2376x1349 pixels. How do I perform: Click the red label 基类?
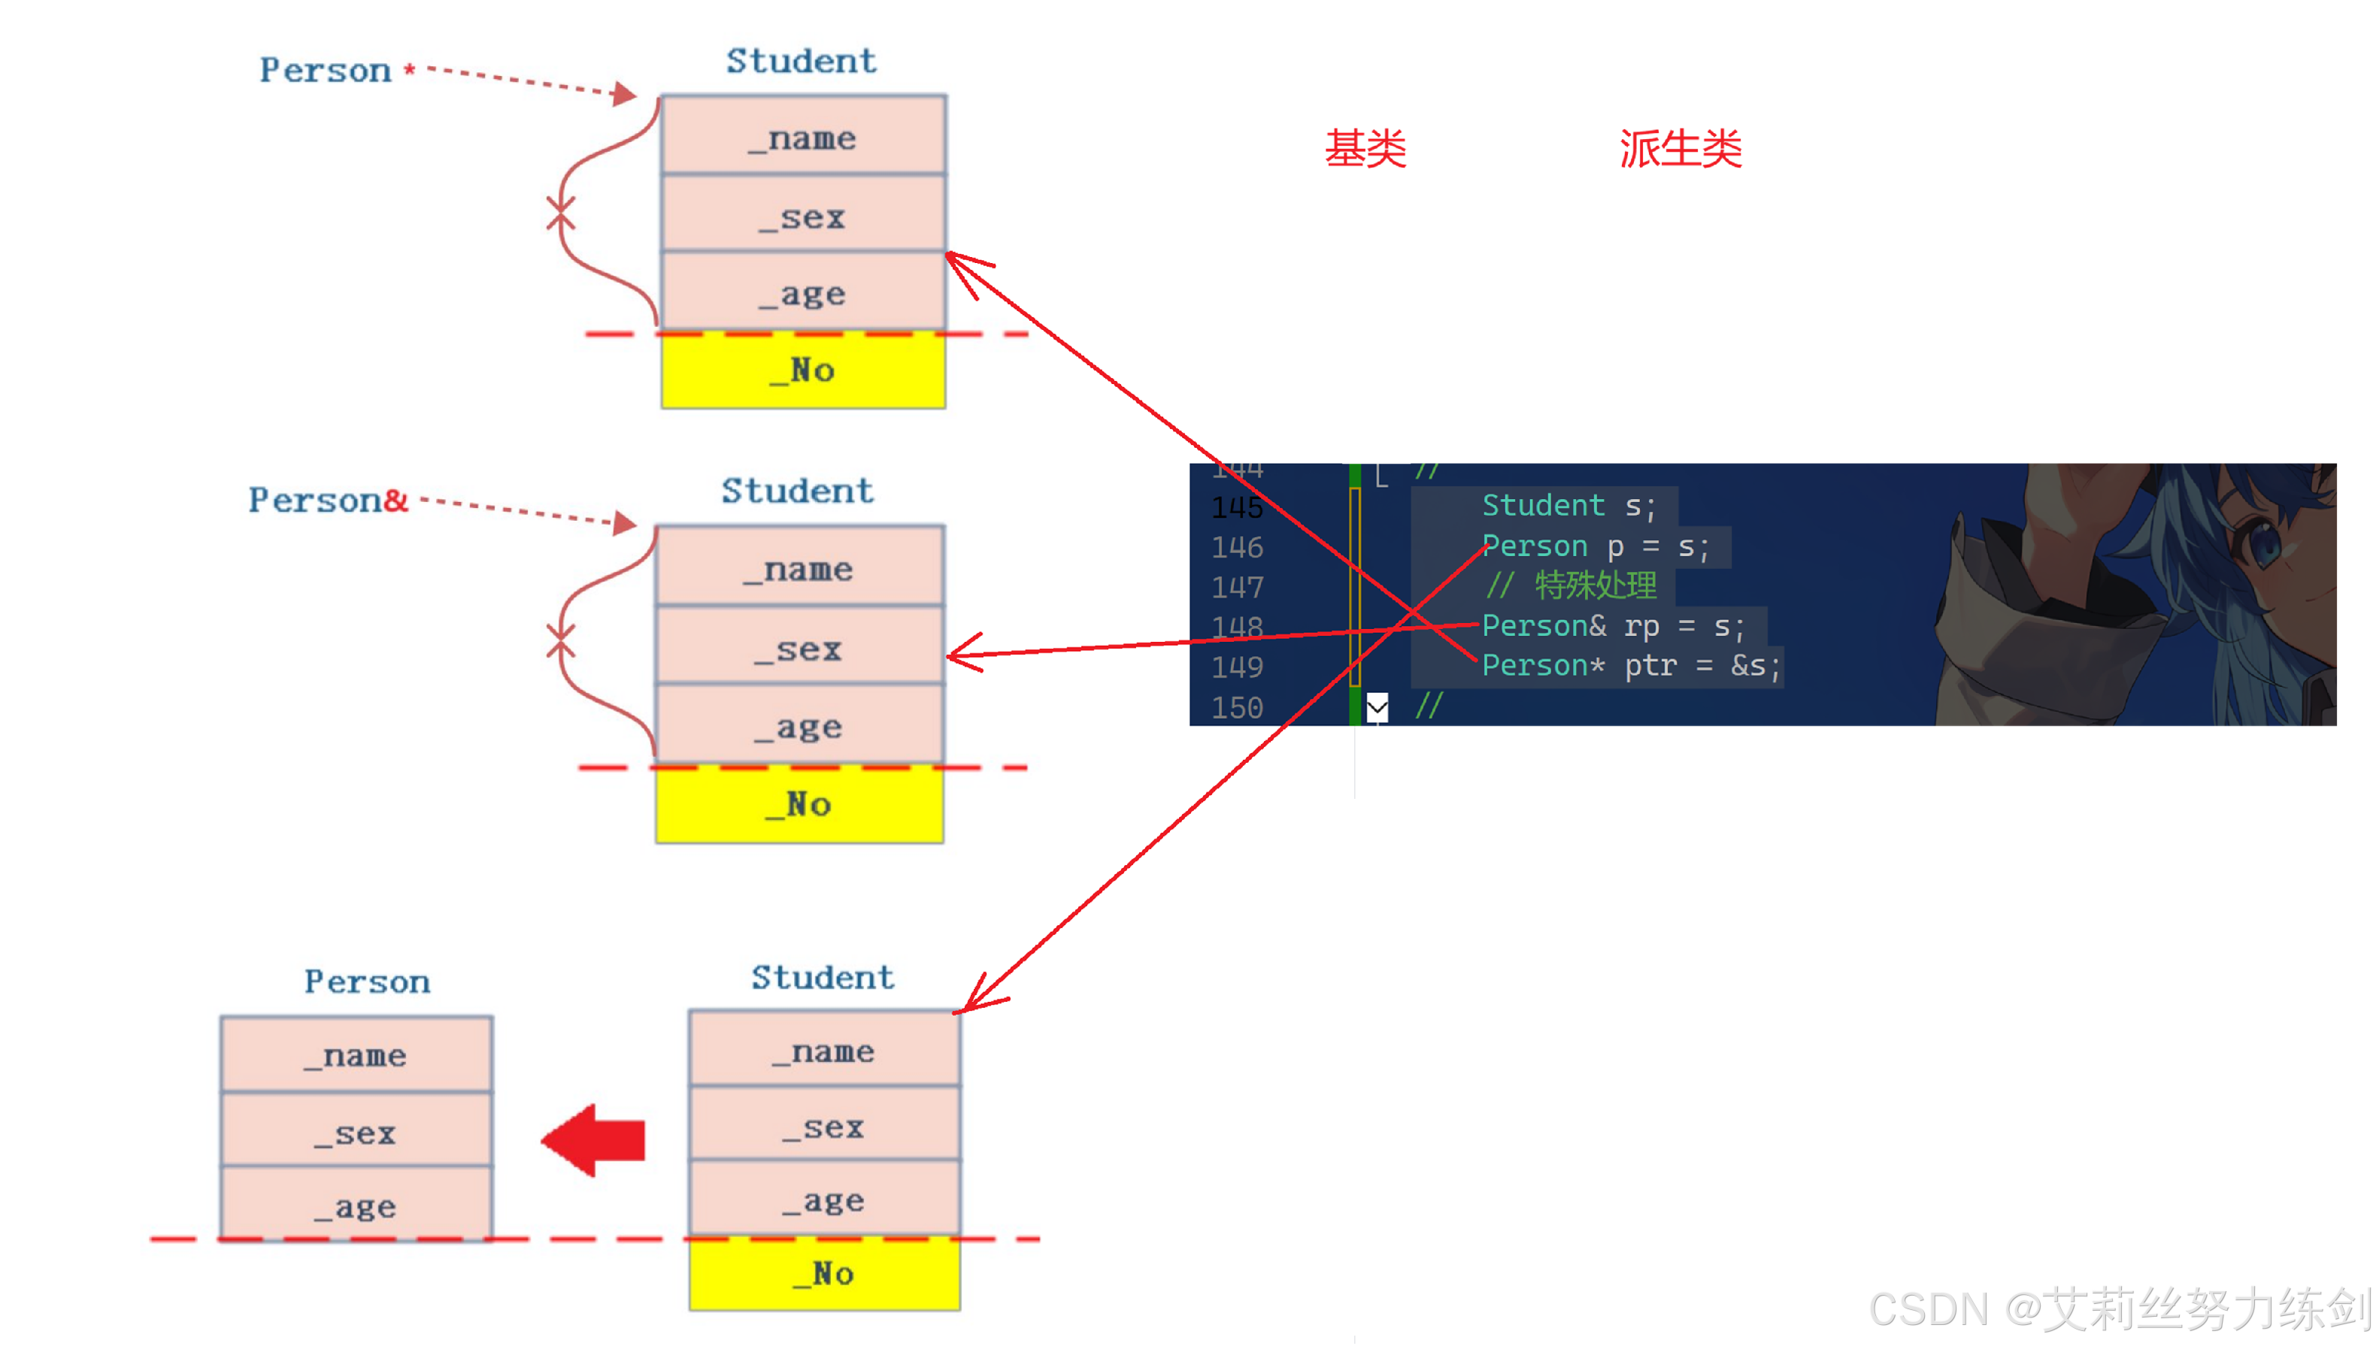pos(1365,149)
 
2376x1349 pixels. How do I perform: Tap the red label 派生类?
pos(1680,149)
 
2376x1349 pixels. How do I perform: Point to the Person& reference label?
pos(328,501)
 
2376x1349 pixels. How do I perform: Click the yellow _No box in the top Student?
pos(802,371)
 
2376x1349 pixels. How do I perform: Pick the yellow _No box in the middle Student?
pos(799,804)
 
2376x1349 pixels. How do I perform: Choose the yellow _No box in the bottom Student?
pos(824,1274)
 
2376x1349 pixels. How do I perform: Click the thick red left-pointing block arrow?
pos(594,1139)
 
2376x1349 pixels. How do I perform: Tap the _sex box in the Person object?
pos(356,1133)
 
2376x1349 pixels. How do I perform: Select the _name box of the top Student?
pos(802,137)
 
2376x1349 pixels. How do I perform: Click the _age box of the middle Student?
pos(799,727)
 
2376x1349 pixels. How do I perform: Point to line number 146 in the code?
pos(1237,548)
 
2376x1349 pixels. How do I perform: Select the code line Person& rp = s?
pos(1612,626)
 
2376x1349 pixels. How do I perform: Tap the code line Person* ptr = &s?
pos(1631,666)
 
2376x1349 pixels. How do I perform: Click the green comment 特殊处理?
pos(1596,585)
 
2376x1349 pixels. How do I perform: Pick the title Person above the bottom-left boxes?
pos(367,982)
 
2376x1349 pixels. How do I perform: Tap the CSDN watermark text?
pos(2117,1308)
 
